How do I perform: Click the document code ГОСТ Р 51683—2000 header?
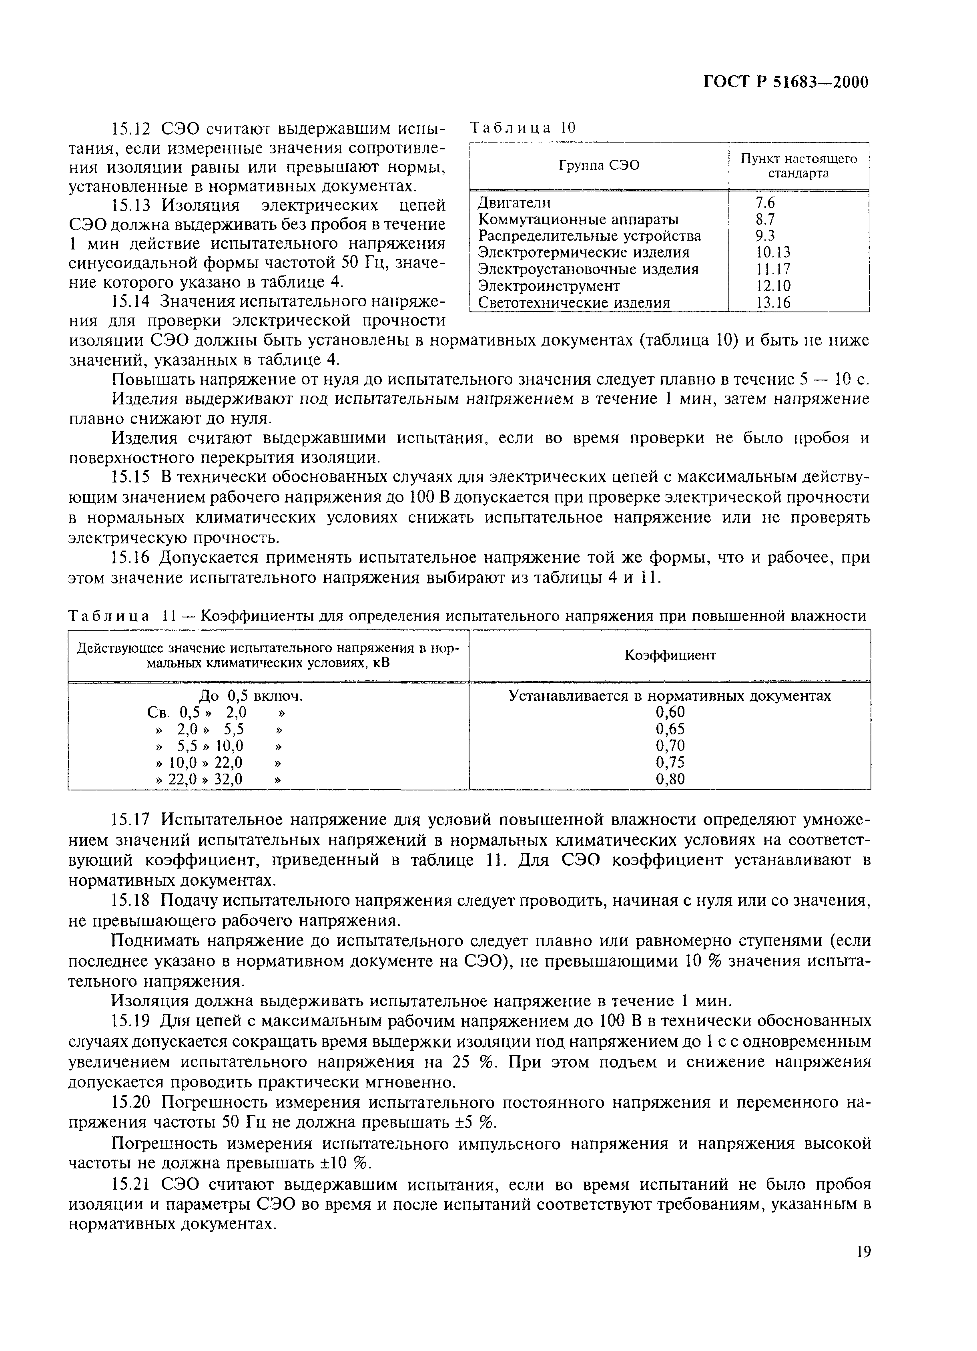(x=786, y=83)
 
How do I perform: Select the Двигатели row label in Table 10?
(x=514, y=203)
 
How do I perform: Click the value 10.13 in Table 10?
(x=773, y=253)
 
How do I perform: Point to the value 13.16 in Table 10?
(x=773, y=303)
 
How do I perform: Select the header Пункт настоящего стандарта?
(x=798, y=166)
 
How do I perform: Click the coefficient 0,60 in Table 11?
(x=670, y=712)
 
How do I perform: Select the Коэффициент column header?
(x=670, y=655)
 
